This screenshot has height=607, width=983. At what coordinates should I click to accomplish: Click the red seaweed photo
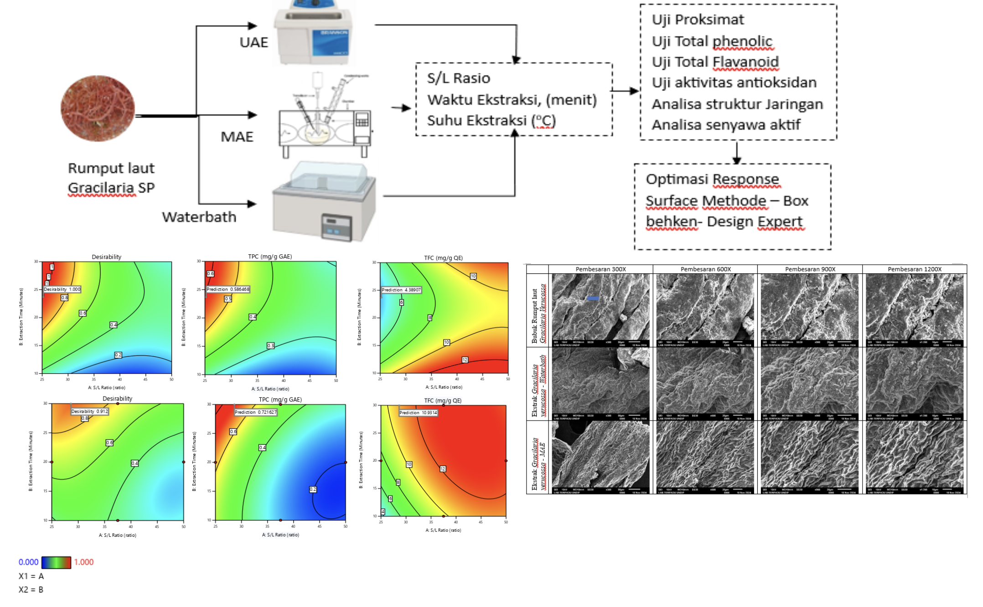pyautogui.click(x=98, y=108)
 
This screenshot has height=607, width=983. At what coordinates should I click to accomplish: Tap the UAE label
pyautogui.click(x=254, y=42)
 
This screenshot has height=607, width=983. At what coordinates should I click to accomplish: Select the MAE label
pyautogui.click(x=237, y=137)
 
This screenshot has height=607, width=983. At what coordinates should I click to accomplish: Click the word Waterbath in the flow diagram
pyautogui.click(x=199, y=217)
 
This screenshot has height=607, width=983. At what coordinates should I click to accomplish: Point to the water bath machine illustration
pyautogui.click(x=324, y=201)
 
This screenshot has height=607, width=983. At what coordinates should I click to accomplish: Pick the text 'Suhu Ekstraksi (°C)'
pyautogui.click(x=491, y=121)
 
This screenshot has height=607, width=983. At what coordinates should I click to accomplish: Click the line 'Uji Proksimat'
pyautogui.click(x=698, y=20)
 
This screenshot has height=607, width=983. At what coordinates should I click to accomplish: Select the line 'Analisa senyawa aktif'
pyautogui.click(x=726, y=125)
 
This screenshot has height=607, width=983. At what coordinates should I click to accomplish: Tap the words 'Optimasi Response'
pyautogui.click(x=712, y=179)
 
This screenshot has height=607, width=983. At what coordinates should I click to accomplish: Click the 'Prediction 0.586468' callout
pyautogui.click(x=228, y=289)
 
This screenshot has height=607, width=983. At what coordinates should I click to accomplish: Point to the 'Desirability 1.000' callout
pyautogui.click(x=62, y=289)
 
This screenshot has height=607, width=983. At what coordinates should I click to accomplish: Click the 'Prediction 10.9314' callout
pyautogui.click(x=418, y=413)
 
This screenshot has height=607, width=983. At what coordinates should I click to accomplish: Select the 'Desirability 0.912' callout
pyautogui.click(x=90, y=412)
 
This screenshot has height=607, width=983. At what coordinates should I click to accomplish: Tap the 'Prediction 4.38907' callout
pyautogui.click(x=401, y=290)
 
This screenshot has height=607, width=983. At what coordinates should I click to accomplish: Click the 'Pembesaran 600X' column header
pyautogui.click(x=705, y=269)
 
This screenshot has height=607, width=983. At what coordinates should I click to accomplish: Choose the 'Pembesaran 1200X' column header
pyautogui.click(x=914, y=269)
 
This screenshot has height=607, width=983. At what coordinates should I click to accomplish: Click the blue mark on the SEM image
pyautogui.click(x=592, y=298)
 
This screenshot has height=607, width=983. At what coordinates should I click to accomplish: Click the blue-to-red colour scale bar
pyautogui.click(x=56, y=562)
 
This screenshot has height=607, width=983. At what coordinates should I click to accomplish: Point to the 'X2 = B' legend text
pyautogui.click(x=31, y=590)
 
